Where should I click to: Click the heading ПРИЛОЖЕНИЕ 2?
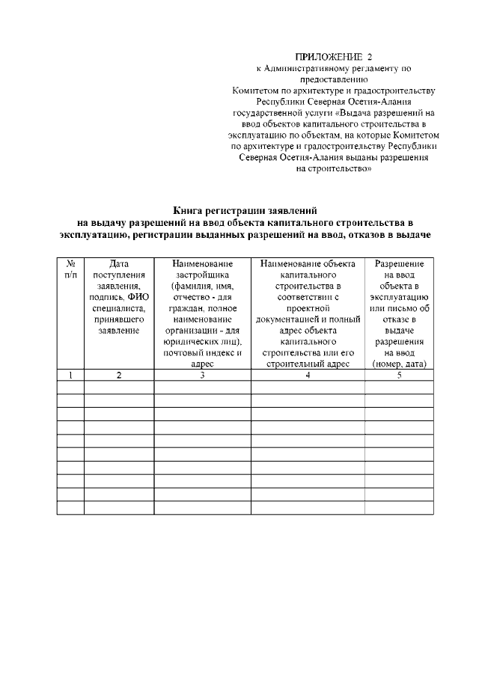[x=333, y=56]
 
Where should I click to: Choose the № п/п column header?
[x=70, y=269]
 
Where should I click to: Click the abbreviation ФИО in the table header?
[x=138, y=297]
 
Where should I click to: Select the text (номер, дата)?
[x=399, y=364]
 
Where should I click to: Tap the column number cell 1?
[x=70, y=376]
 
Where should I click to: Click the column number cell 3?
[x=202, y=376]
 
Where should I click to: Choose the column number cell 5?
[x=399, y=376]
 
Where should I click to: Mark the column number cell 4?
[x=308, y=376]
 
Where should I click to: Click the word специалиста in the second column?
[x=119, y=308]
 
